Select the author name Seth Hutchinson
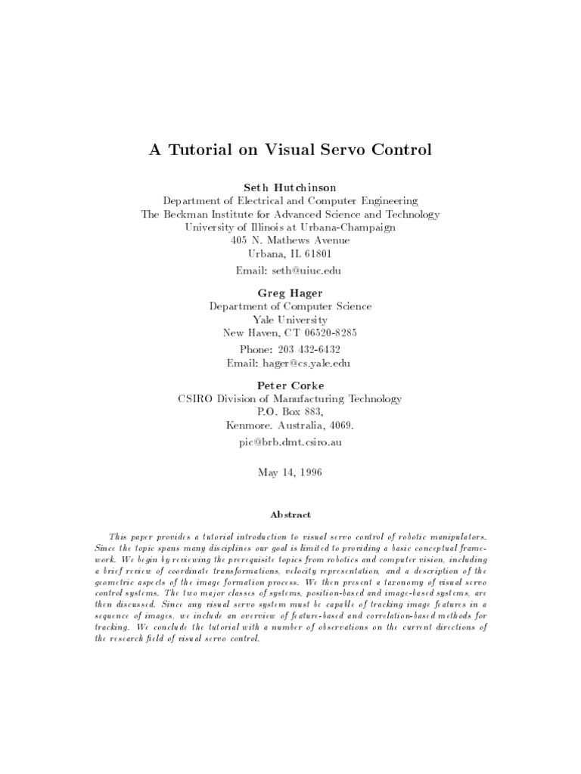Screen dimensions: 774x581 [x=290, y=187]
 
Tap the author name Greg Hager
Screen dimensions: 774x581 [x=290, y=293]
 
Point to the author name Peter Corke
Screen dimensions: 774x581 [x=290, y=385]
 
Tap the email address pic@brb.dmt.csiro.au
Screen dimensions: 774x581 [x=290, y=442]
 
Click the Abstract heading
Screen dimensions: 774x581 [x=291, y=515]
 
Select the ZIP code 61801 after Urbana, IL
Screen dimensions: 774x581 [x=318, y=254]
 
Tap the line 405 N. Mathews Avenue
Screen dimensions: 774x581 [x=290, y=240]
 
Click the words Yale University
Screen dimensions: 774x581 [x=290, y=320]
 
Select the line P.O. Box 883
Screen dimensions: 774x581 [x=290, y=412]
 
